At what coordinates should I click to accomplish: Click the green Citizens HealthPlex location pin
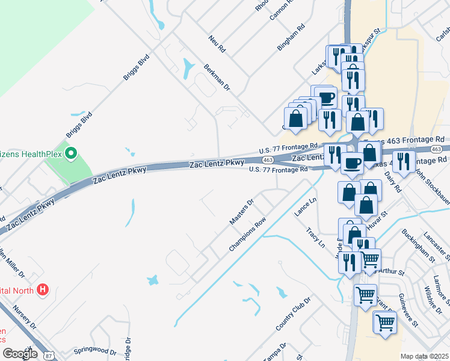tap(71, 155)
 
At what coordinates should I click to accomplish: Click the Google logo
tap(20, 354)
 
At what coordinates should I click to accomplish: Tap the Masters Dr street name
tap(242, 212)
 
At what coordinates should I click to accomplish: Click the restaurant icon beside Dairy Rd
tap(404, 161)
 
